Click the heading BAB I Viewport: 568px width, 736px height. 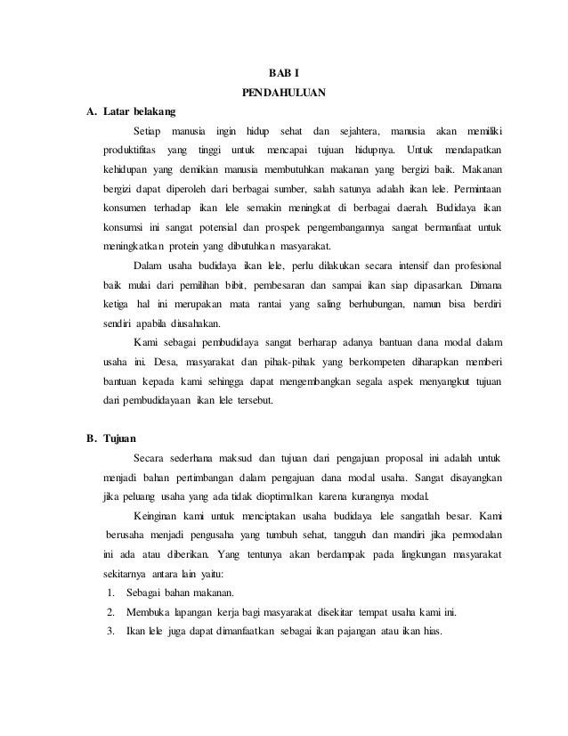click(x=284, y=71)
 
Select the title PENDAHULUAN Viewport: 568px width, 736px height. click(x=284, y=92)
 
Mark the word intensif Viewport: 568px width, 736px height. click(x=409, y=266)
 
